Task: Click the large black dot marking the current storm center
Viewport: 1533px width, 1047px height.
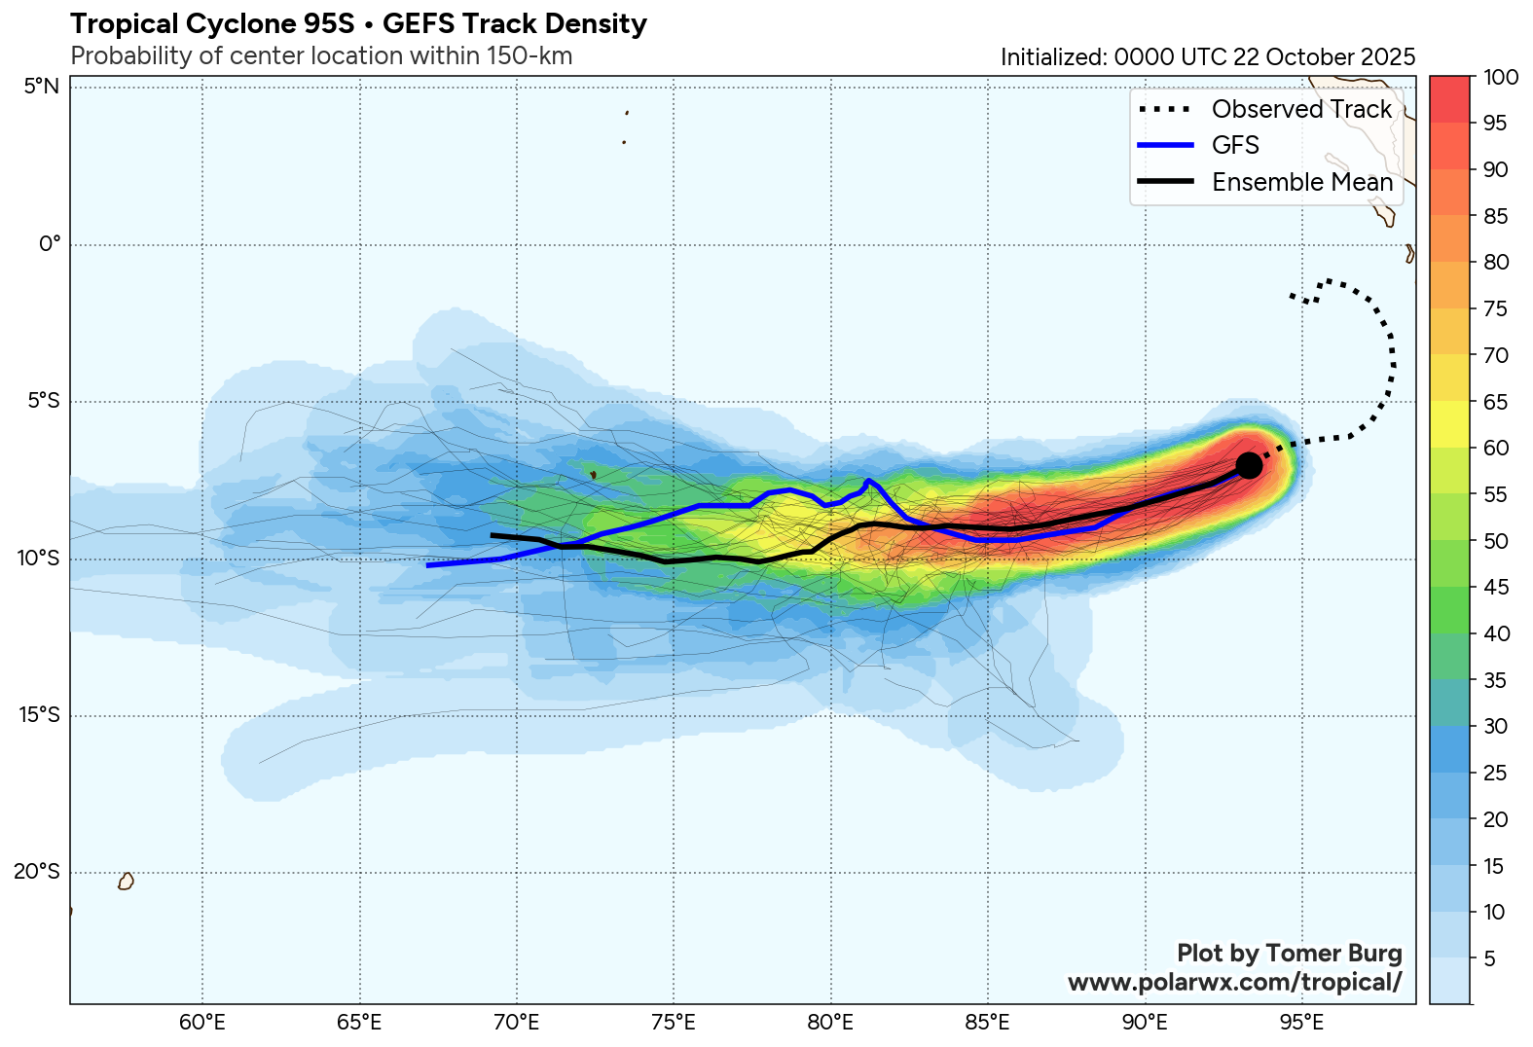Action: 1249,466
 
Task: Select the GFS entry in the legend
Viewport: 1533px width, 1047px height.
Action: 1235,145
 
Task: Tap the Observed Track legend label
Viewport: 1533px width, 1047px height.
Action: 1301,109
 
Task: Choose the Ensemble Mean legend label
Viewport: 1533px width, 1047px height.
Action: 1302,182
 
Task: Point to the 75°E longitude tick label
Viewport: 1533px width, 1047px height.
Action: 674,1023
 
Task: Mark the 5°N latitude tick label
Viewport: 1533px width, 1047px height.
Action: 42,87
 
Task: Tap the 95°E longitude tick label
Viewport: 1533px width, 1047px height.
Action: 1301,1023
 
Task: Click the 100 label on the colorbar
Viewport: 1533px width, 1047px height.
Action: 1500,77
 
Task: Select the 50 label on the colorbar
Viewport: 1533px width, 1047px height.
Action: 1495,541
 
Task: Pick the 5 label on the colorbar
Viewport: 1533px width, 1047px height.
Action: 1489,958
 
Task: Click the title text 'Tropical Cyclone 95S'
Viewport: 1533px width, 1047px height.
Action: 212,23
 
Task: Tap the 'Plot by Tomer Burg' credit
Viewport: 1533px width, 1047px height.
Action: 1289,953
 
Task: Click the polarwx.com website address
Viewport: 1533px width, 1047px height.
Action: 1234,982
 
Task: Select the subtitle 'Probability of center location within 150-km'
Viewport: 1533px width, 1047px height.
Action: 321,55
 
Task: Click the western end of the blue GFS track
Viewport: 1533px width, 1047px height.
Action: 428,564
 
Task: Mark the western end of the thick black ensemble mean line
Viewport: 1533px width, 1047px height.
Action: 493,535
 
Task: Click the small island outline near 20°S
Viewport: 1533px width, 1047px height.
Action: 126,881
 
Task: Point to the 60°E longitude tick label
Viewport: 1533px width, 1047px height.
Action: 202,1023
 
